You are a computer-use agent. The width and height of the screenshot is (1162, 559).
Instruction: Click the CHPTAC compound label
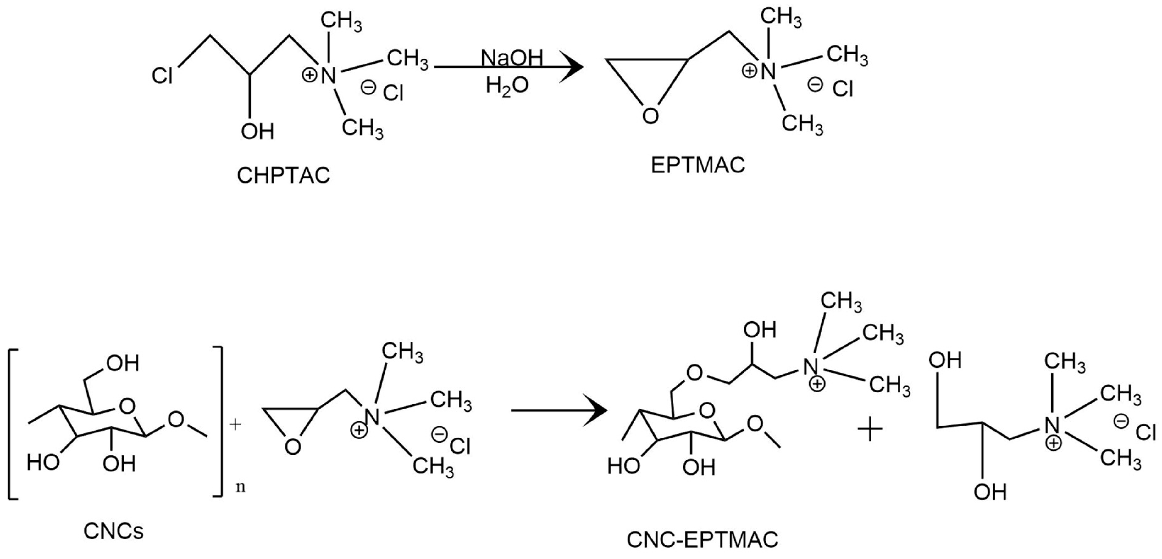[x=283, y=176]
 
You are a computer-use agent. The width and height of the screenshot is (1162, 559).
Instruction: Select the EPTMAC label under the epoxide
[x=697, y=165]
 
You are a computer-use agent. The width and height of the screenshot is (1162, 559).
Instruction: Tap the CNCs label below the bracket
[x=114, y=531]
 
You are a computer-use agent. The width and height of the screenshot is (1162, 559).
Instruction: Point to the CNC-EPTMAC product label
[x=702, y=539]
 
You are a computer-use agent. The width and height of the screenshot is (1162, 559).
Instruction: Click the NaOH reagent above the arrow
[x=512, y=58]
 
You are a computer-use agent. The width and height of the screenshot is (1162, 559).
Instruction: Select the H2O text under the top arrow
[x=507, y=85]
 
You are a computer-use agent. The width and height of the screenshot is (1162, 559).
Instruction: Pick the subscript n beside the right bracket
[x=241, y=488]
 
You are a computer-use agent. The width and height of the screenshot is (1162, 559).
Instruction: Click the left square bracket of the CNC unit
[x=13, y=424]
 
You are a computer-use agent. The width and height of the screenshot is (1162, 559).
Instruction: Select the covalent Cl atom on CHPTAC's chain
[x=162, y=76]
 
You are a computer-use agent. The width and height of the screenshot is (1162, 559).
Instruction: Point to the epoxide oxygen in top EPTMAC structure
[x=650, y=116]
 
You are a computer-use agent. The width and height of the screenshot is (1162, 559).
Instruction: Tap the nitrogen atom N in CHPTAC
[x=329, y=76]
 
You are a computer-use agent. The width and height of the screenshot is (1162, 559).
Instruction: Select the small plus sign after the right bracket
[x=235, y=424]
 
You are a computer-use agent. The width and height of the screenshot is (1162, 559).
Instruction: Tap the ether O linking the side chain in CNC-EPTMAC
[x=695, y=373]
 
